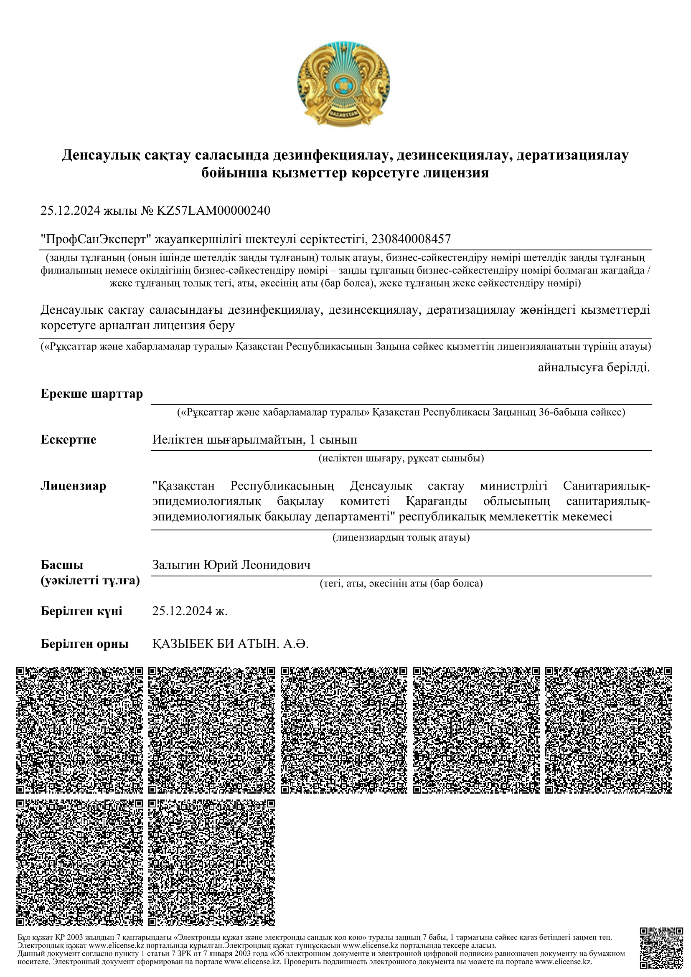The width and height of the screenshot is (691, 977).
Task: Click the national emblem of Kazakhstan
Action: [344, 84]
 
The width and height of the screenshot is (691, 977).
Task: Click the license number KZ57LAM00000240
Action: [213, 211]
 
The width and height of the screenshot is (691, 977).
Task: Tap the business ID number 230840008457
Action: [411, 239]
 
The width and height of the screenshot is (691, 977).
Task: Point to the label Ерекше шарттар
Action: [91, 394]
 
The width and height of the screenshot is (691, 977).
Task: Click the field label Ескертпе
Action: [69, 439]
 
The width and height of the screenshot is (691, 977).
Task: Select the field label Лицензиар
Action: [73, 486]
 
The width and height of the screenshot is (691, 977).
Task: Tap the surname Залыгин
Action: [176, 565]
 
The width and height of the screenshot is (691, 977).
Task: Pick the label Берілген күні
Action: [81, 612]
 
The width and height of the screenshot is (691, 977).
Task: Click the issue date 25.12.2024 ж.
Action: [190, 612]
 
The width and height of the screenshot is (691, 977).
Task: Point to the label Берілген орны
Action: [85, 644]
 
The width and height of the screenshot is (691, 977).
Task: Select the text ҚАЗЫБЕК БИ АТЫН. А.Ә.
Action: [230, 644]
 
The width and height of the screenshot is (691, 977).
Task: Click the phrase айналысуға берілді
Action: [594, 367]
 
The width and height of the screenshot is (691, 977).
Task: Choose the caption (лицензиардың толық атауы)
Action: [401, 538]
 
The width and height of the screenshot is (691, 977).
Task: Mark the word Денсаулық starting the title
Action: [94, 155]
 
